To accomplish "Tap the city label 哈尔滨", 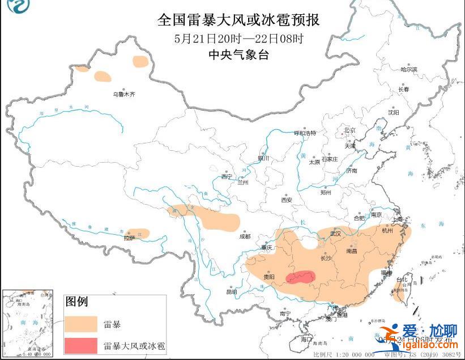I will coord(408,70).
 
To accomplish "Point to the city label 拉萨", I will coord(130,239).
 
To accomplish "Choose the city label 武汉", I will coord(335,233).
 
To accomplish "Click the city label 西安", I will coord(286,200).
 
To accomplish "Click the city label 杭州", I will coord(387,231).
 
